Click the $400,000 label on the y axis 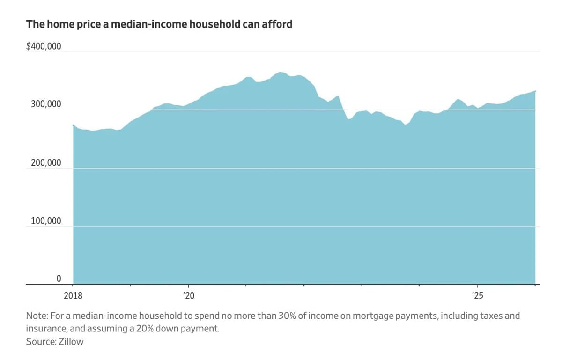click(x=44, y=46)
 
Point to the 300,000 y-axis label click(x=46, y=104)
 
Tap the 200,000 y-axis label click(x=46, y=163)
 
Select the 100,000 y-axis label click(x=46, y=221)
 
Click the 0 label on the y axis click(x=59, y=279)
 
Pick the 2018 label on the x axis click(x=73, y=295)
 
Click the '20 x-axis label click(x=189, y=295)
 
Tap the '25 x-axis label click(x=477, y=295)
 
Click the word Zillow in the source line click(x=71, y=341)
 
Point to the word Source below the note click(x=41, y=341)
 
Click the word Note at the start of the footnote click(x=36, y=316)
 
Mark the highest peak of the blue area click(x=280, y=72)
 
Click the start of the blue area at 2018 click(x=74, y=125)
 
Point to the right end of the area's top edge click(x=535, y=91)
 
